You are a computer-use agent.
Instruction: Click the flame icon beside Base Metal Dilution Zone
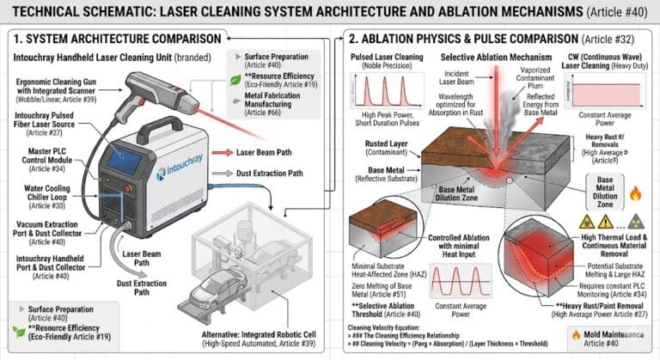click(636, 192)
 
